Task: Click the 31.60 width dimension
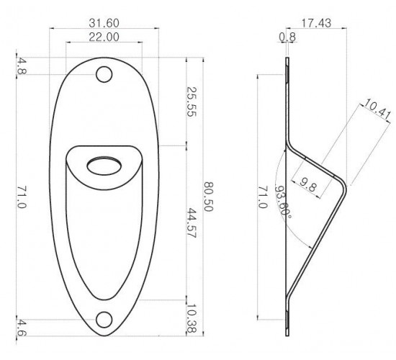pyautogui.click(x=104, y=23)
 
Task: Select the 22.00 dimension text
pyautogui.click(x=104, y=37)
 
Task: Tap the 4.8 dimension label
pyautogui.click(x=21, y=66)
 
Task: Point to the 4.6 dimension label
pyautogui.click(x=21, y=328)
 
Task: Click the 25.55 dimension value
pyautogui.click(x=192, y=102)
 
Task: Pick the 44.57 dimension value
pyautogui.click(x=192, y=223)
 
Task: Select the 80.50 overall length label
pyautogui.click(x=209, y=197)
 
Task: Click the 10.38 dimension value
pyautogui.click(x=192, y=319)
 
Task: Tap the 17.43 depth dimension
pyautogui.click(x=316, y=23)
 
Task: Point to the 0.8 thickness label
pyautogui.click(x=287, y=37)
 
